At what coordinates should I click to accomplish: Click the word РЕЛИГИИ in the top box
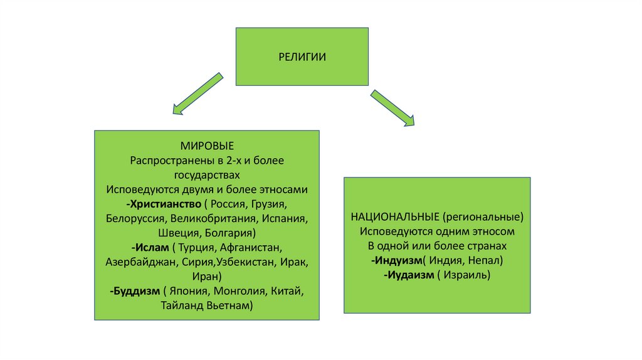tap(302, 57)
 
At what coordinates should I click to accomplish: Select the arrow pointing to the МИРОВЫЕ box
tap(197, 94)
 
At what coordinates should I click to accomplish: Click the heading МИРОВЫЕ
tap(207, 147)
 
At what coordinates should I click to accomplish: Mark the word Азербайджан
tap(141, 262)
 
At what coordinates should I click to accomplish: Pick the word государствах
tap(207, 176)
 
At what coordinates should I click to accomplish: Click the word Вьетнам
tap(231, 305)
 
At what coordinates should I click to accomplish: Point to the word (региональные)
tap(483, 217)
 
